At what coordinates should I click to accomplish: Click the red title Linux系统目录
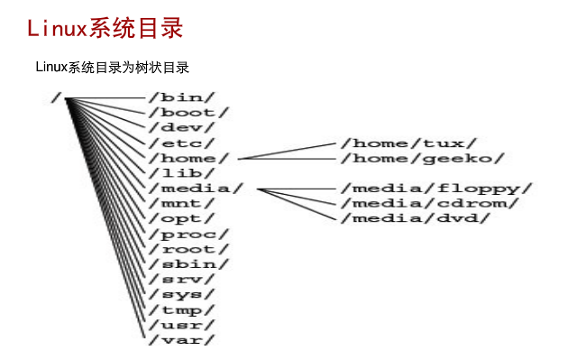point(105,28)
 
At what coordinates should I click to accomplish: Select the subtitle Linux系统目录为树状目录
point(112,68)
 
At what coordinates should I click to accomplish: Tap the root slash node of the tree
point(56,98)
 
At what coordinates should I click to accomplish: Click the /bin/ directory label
point(182,97)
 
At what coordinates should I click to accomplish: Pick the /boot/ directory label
point(189,113)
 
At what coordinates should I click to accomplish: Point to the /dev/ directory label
point(182,128)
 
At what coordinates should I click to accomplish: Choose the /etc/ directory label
point(182,143)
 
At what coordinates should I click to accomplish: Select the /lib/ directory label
point(182,173)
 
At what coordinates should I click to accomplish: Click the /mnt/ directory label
point(182,204)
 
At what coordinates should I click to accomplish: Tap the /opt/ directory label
point(182,218)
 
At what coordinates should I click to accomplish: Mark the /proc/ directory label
point(189,235)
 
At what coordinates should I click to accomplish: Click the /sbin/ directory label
point(189,264)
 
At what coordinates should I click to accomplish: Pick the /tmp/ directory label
point(182,310)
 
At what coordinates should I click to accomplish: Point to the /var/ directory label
point(182,340)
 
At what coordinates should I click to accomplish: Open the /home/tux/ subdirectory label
point(409,143)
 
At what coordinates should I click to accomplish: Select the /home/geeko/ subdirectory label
point(423,159)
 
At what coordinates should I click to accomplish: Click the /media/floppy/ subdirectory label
point(436,189)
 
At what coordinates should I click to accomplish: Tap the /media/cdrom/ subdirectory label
point(430,203)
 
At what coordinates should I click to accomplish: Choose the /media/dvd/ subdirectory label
point(416,218)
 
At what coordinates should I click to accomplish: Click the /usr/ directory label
point(182,325)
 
